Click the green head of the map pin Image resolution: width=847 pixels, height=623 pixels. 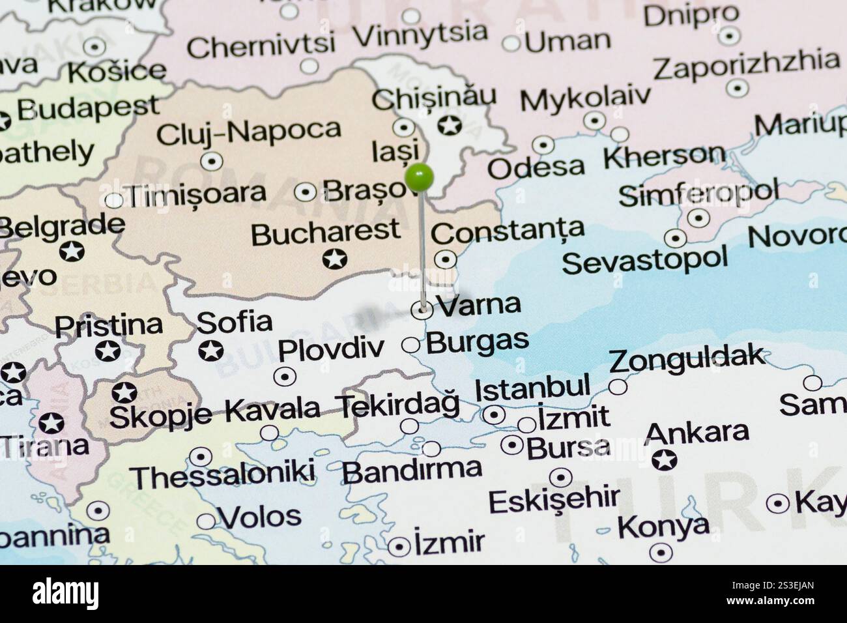(419, 177)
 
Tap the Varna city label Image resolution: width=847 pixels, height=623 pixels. (479, 304)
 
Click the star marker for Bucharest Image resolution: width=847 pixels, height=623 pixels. (335, 259)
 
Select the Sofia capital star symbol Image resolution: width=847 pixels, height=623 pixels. (210, 351)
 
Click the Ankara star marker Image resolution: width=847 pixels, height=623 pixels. (664, 460)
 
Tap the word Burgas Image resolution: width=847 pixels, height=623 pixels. (477, 341)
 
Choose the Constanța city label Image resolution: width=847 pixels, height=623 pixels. (508, 230)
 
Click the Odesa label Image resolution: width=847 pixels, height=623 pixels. (536, 167)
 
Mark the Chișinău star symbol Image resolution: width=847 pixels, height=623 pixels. (449, 124)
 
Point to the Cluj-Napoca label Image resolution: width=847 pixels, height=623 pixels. (248, 132)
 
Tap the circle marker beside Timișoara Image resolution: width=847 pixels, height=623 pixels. (113, 199)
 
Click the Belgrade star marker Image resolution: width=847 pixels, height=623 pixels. (72, 251)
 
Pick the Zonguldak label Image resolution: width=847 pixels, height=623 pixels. (686, 357)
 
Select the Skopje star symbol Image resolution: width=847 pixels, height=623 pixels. (124, 392)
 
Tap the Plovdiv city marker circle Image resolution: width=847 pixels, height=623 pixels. (285, 376)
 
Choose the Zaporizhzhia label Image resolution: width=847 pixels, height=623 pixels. (746, 64)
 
